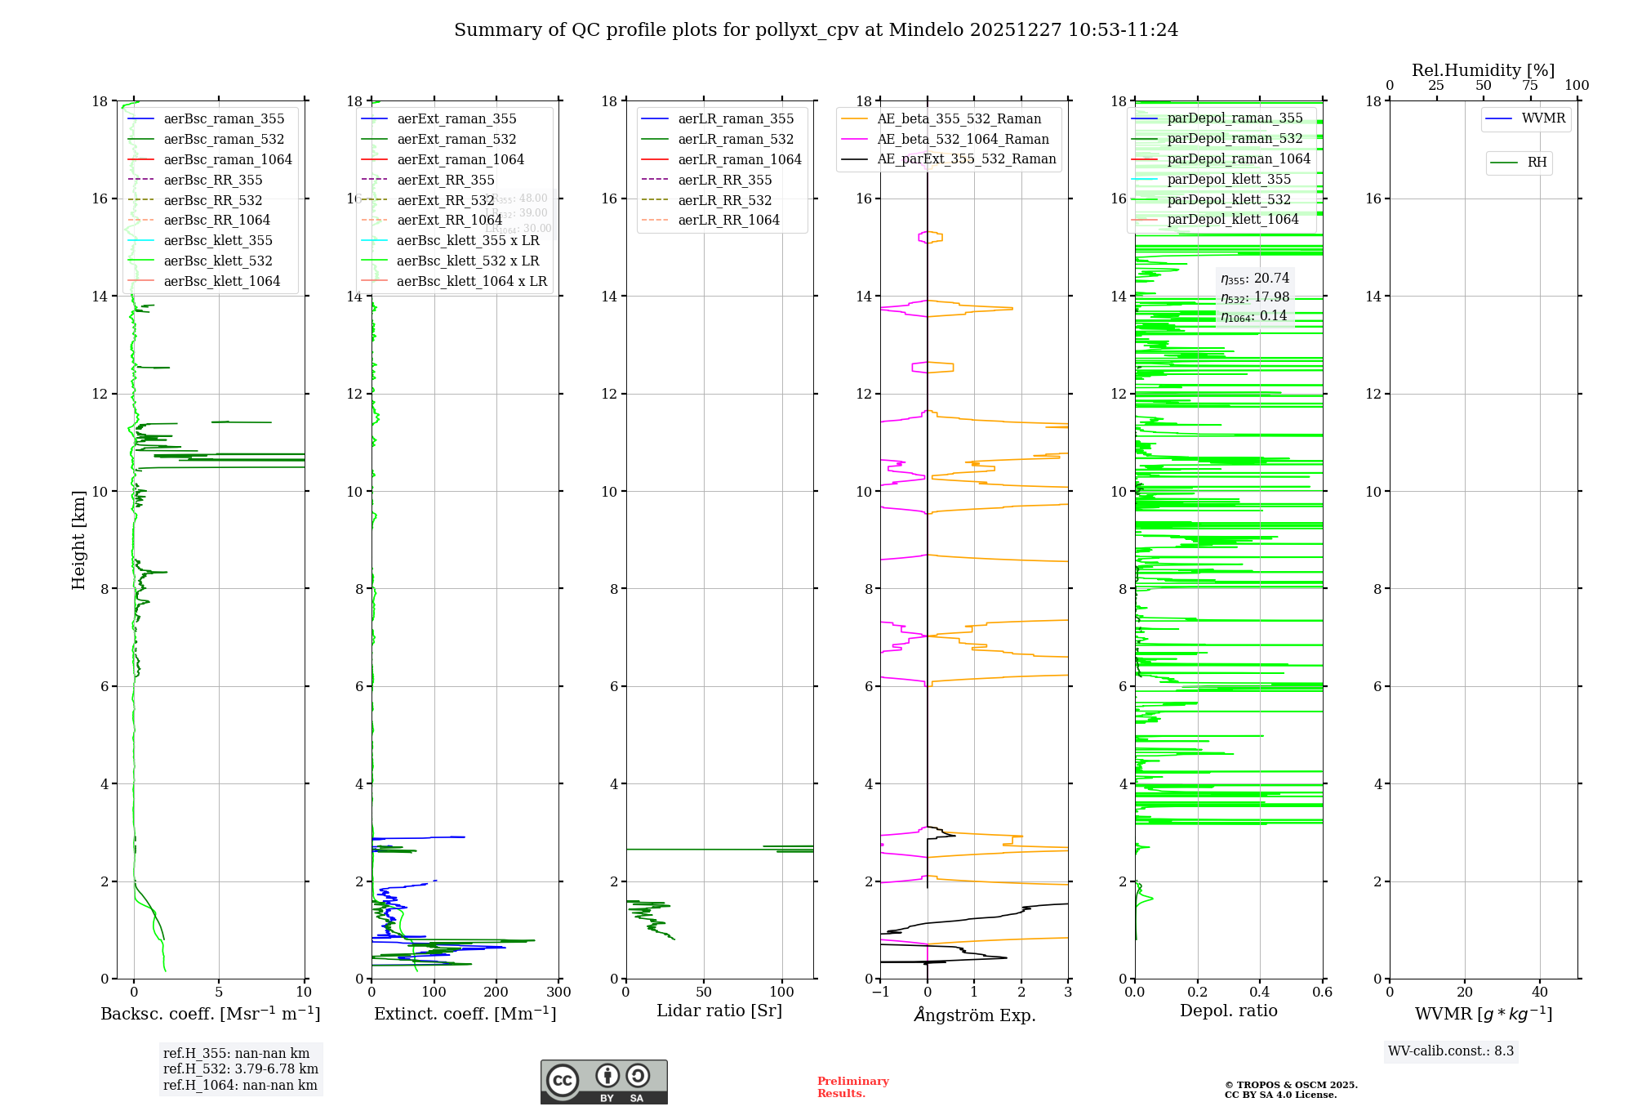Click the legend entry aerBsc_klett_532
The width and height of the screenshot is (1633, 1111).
218,261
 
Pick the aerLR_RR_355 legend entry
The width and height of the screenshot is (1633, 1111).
724,180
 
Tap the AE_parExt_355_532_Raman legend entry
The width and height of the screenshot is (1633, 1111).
966,158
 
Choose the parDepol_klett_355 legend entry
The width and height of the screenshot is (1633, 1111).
1229,179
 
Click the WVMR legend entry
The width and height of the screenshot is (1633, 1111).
1543,118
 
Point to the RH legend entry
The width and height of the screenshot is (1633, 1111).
1537,163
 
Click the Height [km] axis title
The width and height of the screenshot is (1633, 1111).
78,539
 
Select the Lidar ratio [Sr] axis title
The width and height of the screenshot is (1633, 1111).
719,1011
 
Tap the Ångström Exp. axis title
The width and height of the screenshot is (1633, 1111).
974,1015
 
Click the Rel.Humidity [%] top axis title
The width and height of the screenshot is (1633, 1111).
1483,70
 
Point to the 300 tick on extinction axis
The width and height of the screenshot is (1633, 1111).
559,992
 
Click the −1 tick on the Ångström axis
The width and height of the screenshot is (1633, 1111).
880,992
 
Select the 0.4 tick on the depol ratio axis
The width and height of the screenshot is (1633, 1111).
1260,992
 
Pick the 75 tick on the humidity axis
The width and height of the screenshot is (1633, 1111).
1529,86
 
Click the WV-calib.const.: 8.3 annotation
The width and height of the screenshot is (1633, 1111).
1451,1051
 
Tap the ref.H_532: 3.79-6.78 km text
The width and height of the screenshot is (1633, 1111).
241,1069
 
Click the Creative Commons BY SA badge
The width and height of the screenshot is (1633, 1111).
603,1082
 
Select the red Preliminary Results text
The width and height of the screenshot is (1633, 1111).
852,1086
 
